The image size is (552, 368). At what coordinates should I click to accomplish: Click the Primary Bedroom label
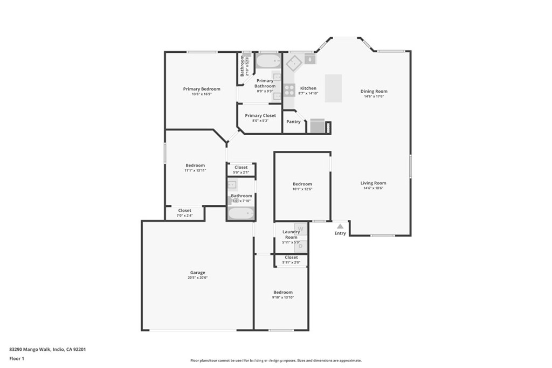point(202,89)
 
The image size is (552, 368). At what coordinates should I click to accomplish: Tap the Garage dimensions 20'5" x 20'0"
point(198,278)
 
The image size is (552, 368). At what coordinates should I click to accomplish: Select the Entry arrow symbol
point(340,226)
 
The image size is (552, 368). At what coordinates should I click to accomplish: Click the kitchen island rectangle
point(333,88)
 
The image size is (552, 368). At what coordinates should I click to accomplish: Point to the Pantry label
point(293,122)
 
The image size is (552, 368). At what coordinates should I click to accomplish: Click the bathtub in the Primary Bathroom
point(268,60)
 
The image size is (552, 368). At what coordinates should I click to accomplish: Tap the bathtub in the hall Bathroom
point(241,213)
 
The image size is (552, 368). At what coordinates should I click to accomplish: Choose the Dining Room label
point(374,92)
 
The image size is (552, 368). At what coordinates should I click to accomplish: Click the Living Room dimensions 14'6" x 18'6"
point(373,189)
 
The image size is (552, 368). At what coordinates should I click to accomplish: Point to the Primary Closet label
point(260,116)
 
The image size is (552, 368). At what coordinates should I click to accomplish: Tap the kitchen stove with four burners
point(289,89)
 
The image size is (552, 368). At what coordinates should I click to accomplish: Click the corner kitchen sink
point(294,63)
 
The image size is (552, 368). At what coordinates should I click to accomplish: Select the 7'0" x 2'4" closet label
point(184,216)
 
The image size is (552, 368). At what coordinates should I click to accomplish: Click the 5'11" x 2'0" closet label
point(291,262)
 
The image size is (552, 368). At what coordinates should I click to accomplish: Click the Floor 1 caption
point(17,358)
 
